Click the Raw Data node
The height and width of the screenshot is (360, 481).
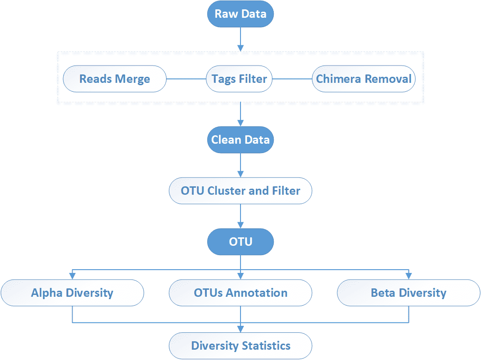pyautogui.click(x=240, y=14)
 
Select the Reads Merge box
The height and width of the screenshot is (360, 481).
pyautogui.click(x=115, y=79)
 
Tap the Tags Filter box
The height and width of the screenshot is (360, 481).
pyautogui.click(x=239, y=79)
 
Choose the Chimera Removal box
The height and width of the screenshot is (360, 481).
pyautogui.click(x=364, y=79)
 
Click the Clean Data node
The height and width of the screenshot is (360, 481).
pyautogui.click(x=240, y=140)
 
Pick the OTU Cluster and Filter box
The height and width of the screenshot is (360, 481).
pyautogui.click(x=240, y=191)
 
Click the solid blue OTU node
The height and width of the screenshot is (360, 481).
pyautogui.click(x=240, y=242)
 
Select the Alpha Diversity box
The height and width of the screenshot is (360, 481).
pyautogui.click(x=73, y=293)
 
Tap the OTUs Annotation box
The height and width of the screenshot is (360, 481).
pyautogui.click(x=240, y=293)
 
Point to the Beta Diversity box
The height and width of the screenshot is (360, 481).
pyautogui.click(x=408, y=293)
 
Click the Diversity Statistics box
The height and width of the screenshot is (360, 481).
pyautogui.click(x=240, y=346)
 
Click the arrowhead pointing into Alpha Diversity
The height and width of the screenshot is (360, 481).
pyautogui.click(x=73, y=276)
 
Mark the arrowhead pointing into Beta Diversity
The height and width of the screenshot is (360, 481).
pyautogui.click(x=408, y=276)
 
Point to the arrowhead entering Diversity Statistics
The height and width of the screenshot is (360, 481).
pyautogui.click(x=240, y=329)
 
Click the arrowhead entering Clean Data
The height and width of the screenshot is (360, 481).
pyautogui.click(x=240, y=123)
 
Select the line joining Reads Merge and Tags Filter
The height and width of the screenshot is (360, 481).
pyautogui.click(x=186, y=79)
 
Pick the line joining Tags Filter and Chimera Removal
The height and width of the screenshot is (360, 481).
pyautogui.click(x=292, y=79)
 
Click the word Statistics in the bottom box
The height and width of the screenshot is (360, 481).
pyautogui.click(x=266, y=346)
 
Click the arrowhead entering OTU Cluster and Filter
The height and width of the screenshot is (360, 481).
pyautogui.click(x=240, y=174)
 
